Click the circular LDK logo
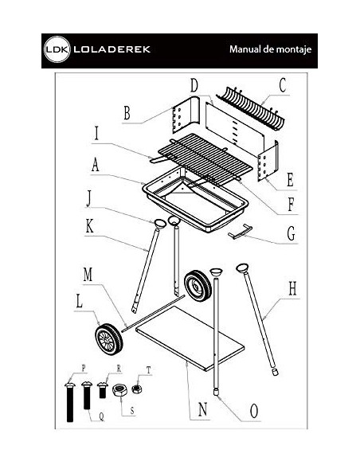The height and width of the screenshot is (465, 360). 57,49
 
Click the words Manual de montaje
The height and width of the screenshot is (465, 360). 270,49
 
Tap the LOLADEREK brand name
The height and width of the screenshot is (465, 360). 112,49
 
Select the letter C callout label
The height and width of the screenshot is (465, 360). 283,85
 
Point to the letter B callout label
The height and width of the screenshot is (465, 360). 127,113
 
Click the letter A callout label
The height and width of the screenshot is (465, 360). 95,165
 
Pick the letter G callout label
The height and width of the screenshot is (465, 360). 291,233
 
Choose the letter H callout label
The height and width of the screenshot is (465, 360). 292,288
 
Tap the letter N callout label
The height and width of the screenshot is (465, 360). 202,409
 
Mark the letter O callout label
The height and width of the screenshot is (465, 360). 254,411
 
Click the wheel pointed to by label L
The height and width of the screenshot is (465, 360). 109,340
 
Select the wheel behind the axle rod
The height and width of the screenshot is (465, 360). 198,286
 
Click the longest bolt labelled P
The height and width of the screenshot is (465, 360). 69,402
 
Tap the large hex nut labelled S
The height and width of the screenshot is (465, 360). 119,389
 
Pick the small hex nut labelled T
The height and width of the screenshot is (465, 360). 137,389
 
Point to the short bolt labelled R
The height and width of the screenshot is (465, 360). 102,390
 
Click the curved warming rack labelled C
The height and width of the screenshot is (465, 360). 251,108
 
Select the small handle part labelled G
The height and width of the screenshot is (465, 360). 241,232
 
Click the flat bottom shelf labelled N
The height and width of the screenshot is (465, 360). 190,338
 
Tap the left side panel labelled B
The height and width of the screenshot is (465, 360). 186,115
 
